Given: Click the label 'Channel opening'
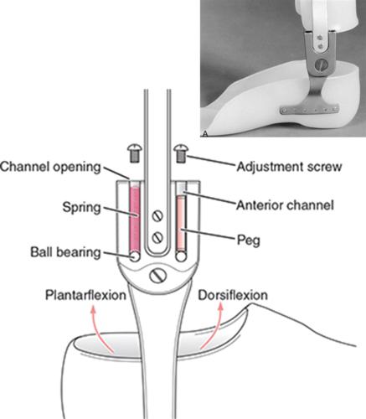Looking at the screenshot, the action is pyautogui.click(x=50, y=167).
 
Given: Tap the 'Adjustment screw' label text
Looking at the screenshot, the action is pyautogui.click(x=289, y=167).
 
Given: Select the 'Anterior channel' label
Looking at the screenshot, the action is pyautogui.click(x=285, y=205).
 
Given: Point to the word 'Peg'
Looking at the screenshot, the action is pyautogui.click(x=249, y=241).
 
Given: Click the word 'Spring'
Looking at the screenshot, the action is pyautogui.click(x=81, y=208).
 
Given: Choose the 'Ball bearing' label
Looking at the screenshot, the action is pyautogui.click(x=65, y=252).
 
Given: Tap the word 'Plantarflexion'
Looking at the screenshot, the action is pyautogui.click(x=85, y=295).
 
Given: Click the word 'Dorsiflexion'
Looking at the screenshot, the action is pyautogui.click(x=233, y=295).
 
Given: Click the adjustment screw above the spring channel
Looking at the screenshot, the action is pyautogui.click(x=135, y=153).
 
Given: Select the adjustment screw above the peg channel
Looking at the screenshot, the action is pyautogui.click(x=181, y=153).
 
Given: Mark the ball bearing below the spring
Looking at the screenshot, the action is pyautogui.click(x=135, y=256).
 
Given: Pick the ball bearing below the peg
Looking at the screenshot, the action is pyautogui.click(x=181, y=256).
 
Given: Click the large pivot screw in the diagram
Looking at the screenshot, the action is pyautogui.click(x=158, y=276).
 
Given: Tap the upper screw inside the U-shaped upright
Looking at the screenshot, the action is pyautogui.click(x=157, y=216).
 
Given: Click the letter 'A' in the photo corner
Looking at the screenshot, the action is pyautogui.click(x=205, y=133).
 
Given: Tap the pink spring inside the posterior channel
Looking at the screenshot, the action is pyautogui.click(x=135, y=220).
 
